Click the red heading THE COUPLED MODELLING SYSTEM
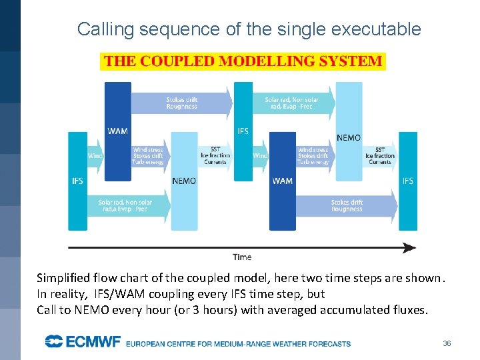click(243, 62)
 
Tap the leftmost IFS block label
click(77, 181)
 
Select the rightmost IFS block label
click(407, 181)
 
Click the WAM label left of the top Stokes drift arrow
click(117, 131)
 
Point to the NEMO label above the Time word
click(184, 181)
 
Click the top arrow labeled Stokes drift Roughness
click(181, 103)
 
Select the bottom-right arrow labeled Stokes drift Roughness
click(347, 206)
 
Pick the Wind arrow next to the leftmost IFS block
click(95, 156)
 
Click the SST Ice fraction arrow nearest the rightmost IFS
click(380, 156)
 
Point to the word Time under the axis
click(242, 257)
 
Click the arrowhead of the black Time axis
click(409, 248)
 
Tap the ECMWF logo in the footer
click(83, 343)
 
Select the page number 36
click(447, 343)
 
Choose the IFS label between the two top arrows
click(243, 131)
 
